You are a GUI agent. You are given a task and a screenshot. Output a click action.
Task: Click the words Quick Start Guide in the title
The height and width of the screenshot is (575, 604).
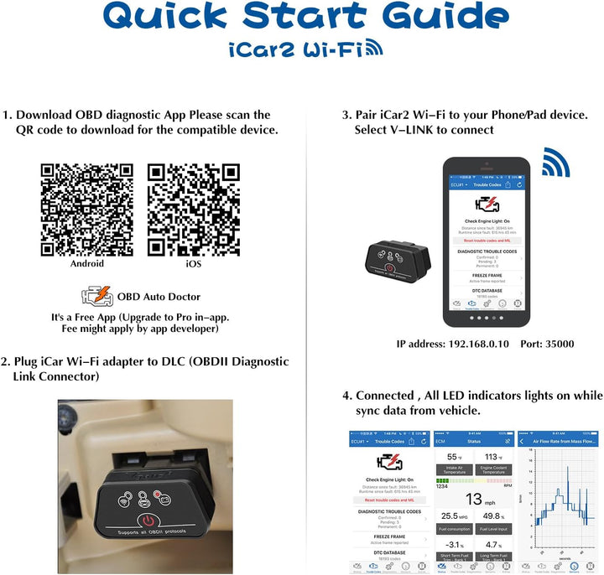coord(301,17)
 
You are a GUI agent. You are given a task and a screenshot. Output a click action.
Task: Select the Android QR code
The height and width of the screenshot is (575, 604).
coord(86,210)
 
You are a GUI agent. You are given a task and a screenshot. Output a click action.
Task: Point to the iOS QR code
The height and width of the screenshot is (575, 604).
coord(194,210)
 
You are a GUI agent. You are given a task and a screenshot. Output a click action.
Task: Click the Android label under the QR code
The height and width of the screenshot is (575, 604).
coord(87,263)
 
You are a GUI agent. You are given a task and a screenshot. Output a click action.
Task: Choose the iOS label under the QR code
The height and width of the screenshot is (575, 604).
coord(194,263)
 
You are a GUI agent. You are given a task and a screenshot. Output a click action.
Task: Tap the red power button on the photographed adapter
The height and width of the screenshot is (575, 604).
coord(148,521)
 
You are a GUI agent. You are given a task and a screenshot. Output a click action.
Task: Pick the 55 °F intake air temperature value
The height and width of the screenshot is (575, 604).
coord(454,458)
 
